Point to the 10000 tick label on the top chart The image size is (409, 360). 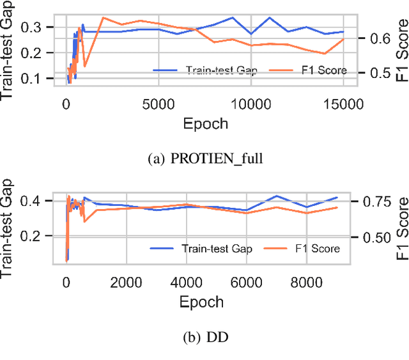point(251,104)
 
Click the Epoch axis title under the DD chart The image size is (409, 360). point(201,302)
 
